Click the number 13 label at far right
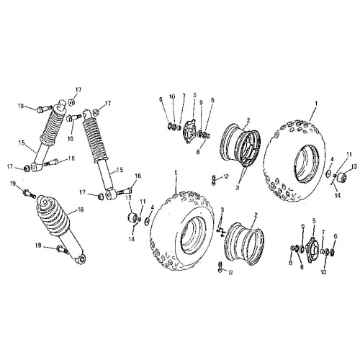(x=354, y=167)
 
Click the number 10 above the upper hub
(x=172, y=96)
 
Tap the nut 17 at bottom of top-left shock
(x=30, y=169)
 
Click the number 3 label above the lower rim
(x=222, y=209)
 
